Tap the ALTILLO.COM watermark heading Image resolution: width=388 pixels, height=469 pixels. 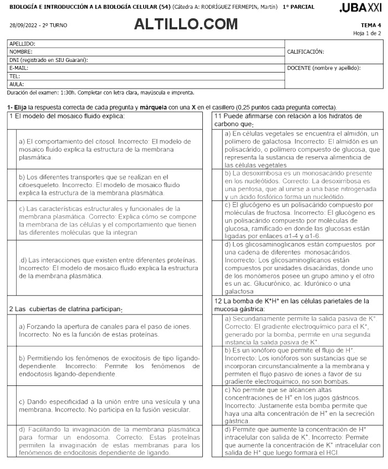(x=186, y=24)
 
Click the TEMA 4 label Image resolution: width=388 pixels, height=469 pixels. (x=371, y=25)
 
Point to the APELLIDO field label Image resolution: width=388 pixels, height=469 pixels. (x=22, y=43)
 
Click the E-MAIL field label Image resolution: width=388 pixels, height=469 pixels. (x=19, y=68)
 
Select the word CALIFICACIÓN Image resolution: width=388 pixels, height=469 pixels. (x=305, y=51)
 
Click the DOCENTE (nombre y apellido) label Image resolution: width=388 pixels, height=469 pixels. (x=324, y=68)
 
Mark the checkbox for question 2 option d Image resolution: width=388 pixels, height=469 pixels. (x=12, y=441)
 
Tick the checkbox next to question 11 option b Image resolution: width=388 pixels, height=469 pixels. (x=217, y=185)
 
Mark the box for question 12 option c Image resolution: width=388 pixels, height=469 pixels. (x=217, y=405)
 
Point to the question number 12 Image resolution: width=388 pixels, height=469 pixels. (x=218, y=301)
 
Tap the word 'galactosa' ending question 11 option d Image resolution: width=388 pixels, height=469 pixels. (x=239, y=291)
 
